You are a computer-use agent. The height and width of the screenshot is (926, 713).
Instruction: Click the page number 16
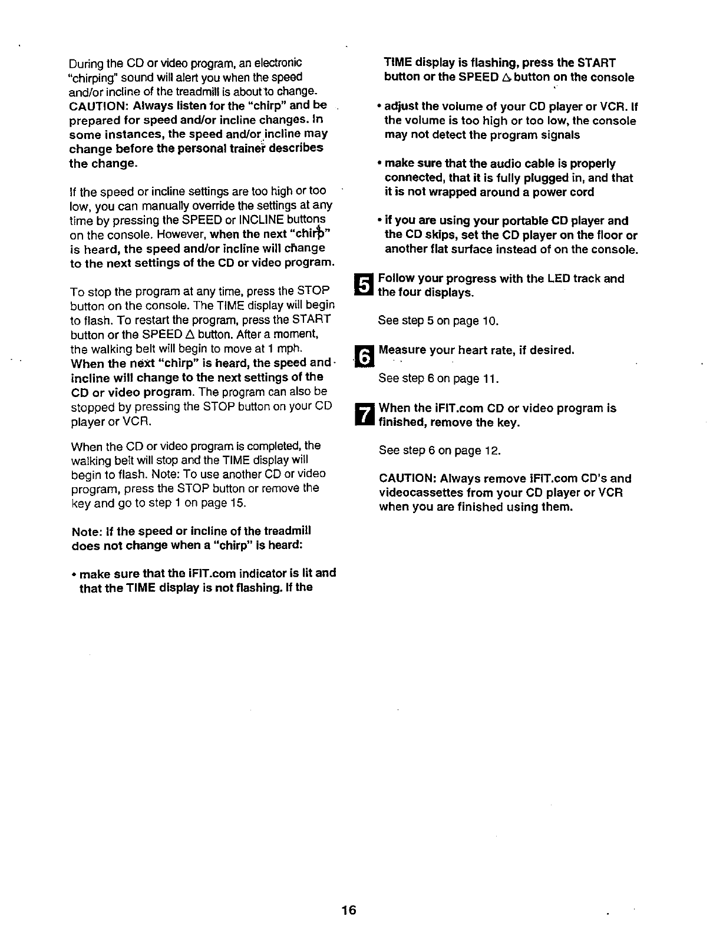click(x=348, y=910)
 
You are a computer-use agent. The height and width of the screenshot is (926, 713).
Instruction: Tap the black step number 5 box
click(x=365, y=286)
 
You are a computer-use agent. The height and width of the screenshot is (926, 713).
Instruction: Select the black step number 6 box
click(x=365, y=357)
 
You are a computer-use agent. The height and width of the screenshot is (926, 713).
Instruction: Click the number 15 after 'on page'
click(x=238, y=503)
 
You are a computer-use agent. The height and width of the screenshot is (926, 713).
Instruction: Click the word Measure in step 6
click(x=401, y=350)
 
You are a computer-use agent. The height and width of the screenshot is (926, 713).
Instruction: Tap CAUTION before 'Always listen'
click(x=98, y=106)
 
